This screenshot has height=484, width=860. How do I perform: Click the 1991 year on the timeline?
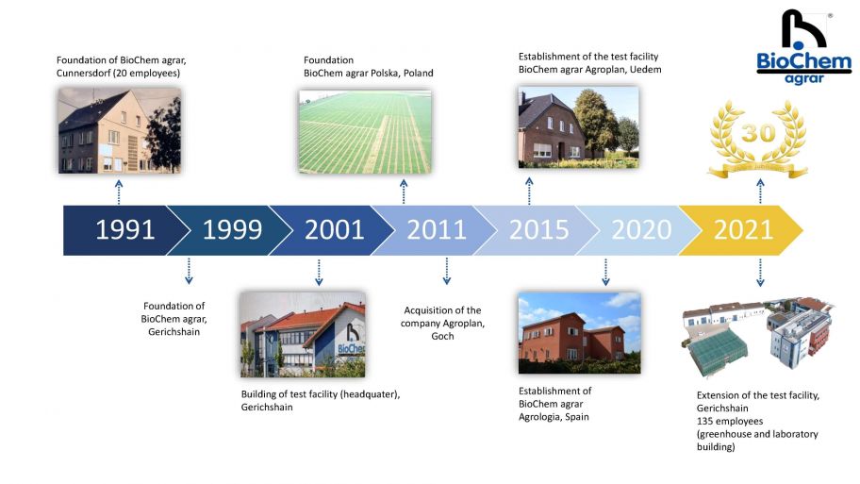click(125, 230)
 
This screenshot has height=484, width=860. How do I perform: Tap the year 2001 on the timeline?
click(335, 230)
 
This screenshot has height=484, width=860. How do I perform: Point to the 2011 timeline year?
click(437, 230)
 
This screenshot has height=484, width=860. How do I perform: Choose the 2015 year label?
click(539, 230)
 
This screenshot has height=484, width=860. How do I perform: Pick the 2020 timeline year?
click(641, 230)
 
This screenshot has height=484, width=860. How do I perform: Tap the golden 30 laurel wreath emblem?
click(758, 140)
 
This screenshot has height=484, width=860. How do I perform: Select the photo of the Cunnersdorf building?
click(120, 130)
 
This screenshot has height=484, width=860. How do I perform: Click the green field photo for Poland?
click(365, 132)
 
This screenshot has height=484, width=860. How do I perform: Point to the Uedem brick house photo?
click(579, 126)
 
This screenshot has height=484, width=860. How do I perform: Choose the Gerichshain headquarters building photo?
click(303, 335)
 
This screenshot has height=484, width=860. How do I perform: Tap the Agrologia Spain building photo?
click(579, 333)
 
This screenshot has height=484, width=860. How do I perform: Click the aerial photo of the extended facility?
click(758, 338)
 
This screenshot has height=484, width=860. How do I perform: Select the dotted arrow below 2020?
click(605, 272)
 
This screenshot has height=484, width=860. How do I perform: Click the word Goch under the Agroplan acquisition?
click(442, 337)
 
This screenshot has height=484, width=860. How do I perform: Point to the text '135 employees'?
click(730, 422)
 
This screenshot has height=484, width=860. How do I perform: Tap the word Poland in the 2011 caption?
click(419, 73)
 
